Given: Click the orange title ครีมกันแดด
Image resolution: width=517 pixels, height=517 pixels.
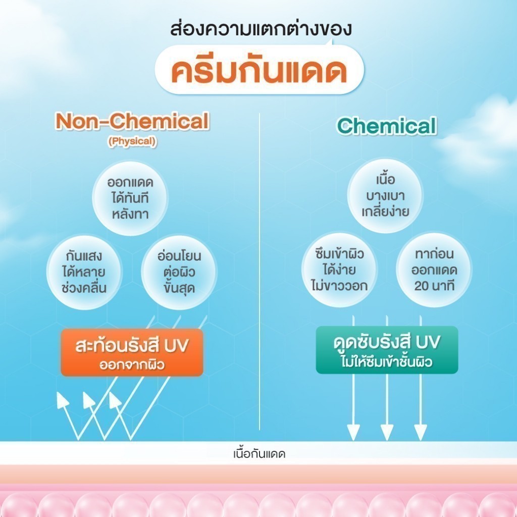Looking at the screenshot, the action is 259,70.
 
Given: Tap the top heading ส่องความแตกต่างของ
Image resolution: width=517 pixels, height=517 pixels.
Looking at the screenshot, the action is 261,29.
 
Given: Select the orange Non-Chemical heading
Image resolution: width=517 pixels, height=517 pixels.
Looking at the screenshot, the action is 132,121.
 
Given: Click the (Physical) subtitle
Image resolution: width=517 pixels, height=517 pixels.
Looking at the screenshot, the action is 132,141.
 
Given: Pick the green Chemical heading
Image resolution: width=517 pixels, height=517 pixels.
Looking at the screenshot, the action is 386,126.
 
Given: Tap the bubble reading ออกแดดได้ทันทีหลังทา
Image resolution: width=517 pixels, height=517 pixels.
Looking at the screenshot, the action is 130,198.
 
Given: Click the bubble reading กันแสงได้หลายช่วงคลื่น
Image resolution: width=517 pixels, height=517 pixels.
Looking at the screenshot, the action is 84,272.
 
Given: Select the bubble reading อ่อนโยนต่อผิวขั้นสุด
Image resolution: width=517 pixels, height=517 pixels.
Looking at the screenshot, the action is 179,272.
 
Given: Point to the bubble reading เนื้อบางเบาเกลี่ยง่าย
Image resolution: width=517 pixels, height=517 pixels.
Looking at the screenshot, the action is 385,196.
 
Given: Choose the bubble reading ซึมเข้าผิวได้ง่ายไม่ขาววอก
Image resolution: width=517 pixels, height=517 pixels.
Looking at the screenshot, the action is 339,270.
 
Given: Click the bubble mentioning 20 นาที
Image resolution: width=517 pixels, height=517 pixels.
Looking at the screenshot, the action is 434,270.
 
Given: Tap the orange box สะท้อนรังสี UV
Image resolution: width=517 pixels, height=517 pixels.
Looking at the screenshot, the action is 132,352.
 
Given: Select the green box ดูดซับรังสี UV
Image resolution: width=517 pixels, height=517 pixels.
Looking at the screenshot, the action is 387,350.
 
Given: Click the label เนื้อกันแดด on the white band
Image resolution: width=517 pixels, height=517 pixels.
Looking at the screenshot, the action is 259,454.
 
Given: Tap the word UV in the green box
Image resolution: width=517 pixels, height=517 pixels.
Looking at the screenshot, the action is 428,343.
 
